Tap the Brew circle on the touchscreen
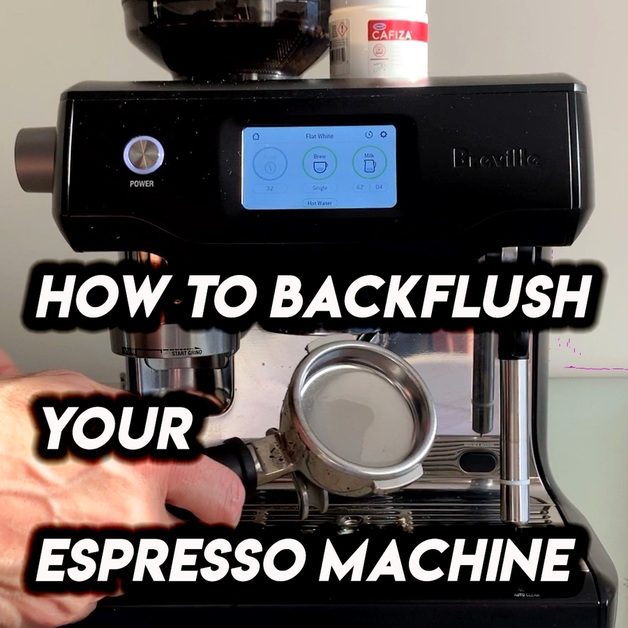click(x=319, y=163)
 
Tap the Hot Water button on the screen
click(x=319, y=203)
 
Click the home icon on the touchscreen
click(x=255, y=135)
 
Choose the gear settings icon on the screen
click(x=383, y=135)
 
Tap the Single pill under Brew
click(x=319, y=188)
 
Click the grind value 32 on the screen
click(x=268, y=188)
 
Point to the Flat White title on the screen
click(x=319, y=136)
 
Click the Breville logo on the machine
click(x=496, y=159)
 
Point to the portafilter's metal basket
click(x=363, y=405)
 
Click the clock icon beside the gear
click(x=369, y=135)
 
